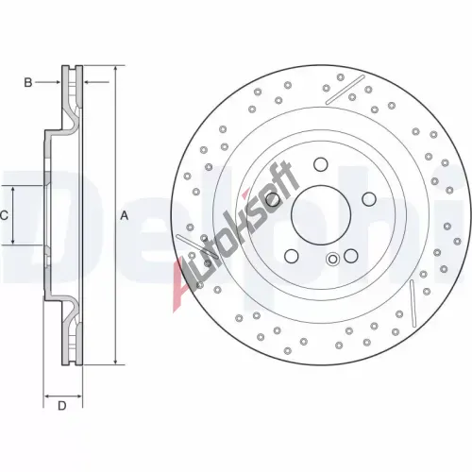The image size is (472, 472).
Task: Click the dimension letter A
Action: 125,216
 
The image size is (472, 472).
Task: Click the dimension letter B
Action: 28,82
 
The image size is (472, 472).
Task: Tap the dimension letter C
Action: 4,216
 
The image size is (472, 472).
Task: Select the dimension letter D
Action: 62,406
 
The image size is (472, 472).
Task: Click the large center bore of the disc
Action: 321,215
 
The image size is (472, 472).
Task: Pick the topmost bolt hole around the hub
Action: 321,164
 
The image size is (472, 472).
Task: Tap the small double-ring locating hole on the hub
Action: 332,260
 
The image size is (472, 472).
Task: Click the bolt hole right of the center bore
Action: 369,199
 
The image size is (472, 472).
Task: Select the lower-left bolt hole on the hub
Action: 291,256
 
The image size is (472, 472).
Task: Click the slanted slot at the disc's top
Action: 345,90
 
